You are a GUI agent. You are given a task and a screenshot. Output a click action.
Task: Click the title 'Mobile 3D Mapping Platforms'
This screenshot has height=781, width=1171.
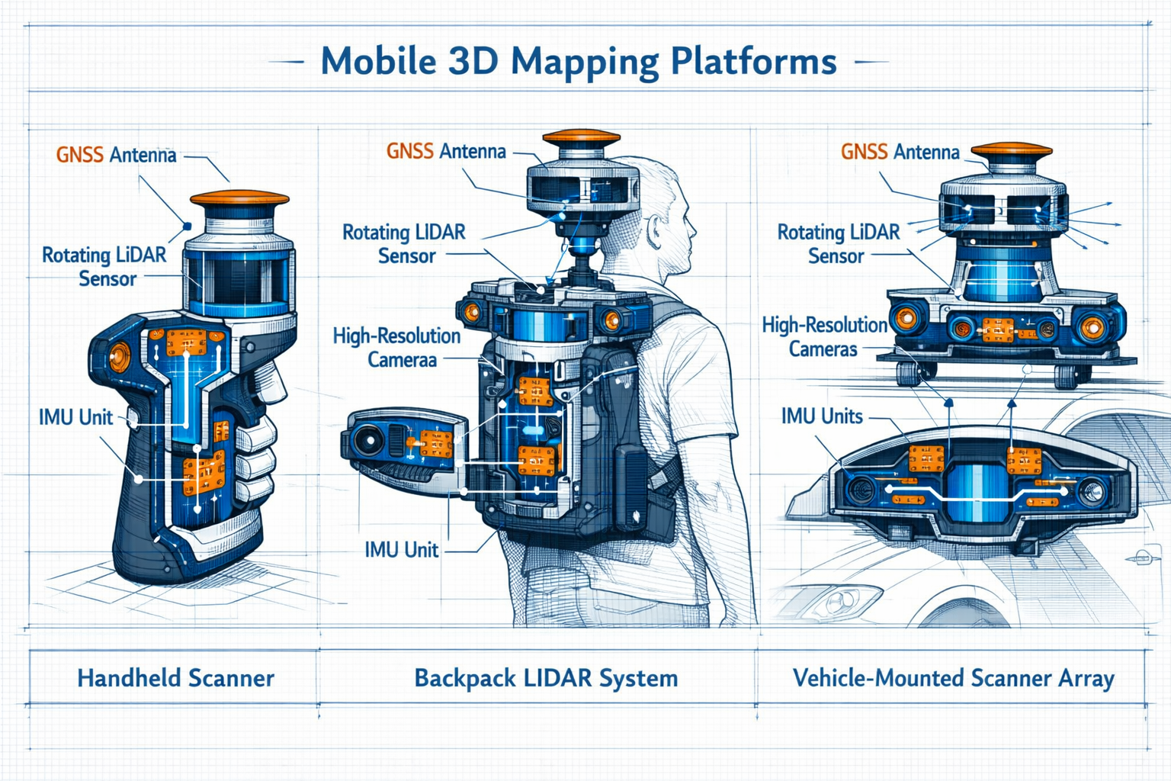click(579, 62)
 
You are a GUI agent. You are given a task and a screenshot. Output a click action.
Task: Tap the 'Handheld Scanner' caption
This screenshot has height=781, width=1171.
click(175, 678)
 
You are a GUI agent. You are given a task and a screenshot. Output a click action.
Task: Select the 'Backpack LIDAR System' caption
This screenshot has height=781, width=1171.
click(546, 678)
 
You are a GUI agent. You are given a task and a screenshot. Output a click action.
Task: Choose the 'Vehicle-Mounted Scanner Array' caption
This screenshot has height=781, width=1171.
click(953, 678)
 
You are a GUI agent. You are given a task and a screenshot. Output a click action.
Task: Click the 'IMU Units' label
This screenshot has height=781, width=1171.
click(822, 416)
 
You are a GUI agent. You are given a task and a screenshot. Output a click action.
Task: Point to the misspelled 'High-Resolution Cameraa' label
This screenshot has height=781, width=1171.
click(397, 347)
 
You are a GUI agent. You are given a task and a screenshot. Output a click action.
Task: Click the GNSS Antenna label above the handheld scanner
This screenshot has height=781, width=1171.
click(116, 155)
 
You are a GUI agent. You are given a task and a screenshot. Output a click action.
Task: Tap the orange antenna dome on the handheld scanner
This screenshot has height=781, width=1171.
click(239, 199)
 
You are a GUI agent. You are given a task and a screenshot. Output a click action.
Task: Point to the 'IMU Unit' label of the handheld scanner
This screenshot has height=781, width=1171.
click(75, 417)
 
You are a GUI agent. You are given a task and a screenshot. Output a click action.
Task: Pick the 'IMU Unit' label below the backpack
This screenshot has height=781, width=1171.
click(401, 550)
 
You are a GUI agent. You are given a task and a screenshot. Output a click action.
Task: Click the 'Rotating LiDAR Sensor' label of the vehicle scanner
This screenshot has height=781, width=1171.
click(838, 244)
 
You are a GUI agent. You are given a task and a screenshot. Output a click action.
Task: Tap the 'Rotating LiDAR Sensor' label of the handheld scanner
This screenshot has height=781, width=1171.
click(104, 266)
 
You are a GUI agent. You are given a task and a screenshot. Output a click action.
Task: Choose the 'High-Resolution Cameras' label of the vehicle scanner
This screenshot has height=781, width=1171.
click(824, 337)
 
